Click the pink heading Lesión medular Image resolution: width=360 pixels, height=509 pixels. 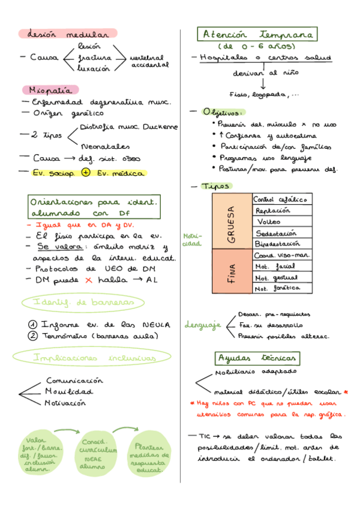pos(67,34)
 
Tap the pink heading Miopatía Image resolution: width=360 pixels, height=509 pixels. pos(51,90)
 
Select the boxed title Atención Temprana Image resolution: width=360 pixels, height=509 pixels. pos(259,35)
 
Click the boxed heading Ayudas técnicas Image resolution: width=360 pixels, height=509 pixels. pos(257,358)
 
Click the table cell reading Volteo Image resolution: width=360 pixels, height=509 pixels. pos(268,221)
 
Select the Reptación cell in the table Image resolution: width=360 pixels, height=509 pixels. pos(272,210)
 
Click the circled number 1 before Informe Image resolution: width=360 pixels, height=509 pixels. pos(33,325)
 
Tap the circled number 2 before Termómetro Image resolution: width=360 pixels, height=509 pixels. pos(33,336)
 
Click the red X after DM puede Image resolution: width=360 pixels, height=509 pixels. pos(88,280)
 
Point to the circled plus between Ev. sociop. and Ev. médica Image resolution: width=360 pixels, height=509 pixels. pos(85,173)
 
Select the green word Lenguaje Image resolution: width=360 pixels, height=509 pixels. pos(203,325)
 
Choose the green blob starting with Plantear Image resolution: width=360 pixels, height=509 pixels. pos(149,457)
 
